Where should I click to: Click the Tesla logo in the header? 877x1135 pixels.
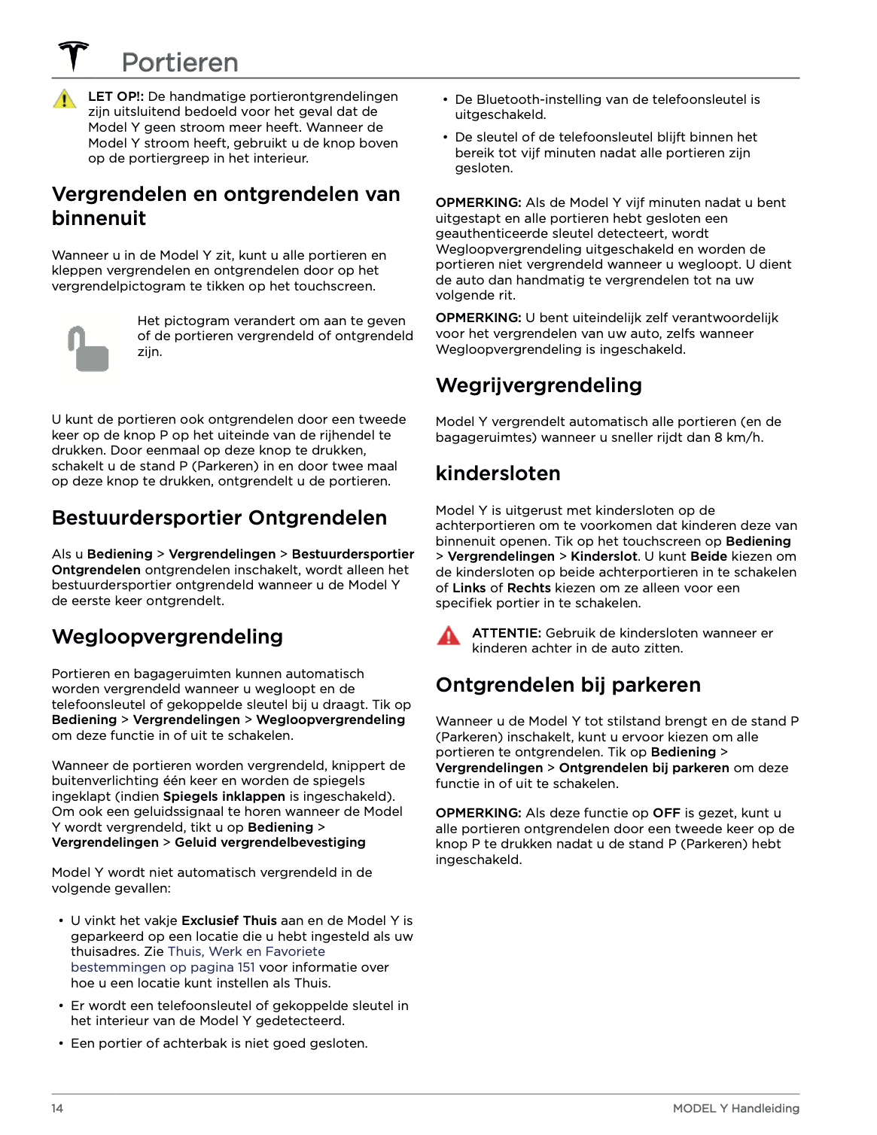tap(74, 56)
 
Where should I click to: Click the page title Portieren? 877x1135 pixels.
tap(180, 62)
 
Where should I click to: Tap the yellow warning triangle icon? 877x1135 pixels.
tap(65, 99)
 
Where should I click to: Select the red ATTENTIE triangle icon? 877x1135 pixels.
tap(449, 636)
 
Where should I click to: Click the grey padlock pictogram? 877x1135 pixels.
tap(89, 349)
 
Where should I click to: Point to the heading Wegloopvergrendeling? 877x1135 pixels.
tap(167, 637)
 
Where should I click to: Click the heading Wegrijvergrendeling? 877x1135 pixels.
tap(539, 385)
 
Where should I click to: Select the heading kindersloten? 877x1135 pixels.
tap(498, 473)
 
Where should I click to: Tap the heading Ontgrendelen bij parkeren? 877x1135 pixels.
tap(568, 685)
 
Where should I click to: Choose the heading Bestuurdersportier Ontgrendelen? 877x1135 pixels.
tap(219, 518)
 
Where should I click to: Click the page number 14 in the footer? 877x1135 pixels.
tap(57, 1108)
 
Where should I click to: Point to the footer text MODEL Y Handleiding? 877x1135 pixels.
tap(735, 1108)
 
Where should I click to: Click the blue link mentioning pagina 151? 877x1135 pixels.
tap(163, 967)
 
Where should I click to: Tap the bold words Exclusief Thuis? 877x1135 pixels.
tap(229, 920)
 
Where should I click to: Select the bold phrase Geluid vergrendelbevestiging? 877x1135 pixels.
tap(270, 842)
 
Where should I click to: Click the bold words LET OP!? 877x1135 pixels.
tap(116, 96)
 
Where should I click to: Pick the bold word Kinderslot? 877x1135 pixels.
tap(604, 556)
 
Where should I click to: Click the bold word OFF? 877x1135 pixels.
tap(666, 813)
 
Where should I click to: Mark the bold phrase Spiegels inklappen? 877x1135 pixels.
tap(224, 796)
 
